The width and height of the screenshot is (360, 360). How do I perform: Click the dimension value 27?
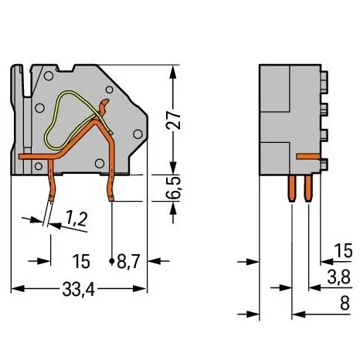point(173,120)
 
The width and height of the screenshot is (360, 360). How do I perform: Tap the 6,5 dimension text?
point(173,188)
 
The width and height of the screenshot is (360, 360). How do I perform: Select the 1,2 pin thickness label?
point(76,219)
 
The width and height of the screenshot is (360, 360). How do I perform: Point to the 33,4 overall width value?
point(79,289)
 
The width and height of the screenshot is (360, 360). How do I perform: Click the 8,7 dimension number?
point(128,261)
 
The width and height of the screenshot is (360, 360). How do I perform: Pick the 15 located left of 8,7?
point(81,261)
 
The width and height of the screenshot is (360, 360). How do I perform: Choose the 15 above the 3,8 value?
point(343,250)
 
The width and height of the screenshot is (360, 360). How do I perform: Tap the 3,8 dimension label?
point(339,277)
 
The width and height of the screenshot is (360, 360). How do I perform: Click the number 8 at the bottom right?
point(345,303)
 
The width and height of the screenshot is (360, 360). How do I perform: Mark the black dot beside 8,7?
point(112,261)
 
